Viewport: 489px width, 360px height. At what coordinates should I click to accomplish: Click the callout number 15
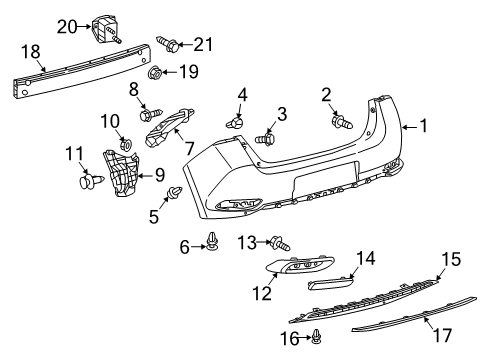coord(451,259)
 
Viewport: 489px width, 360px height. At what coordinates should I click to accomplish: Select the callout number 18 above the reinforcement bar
coord(30,49)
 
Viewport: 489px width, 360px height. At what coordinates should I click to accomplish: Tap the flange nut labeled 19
coord(156,73)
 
